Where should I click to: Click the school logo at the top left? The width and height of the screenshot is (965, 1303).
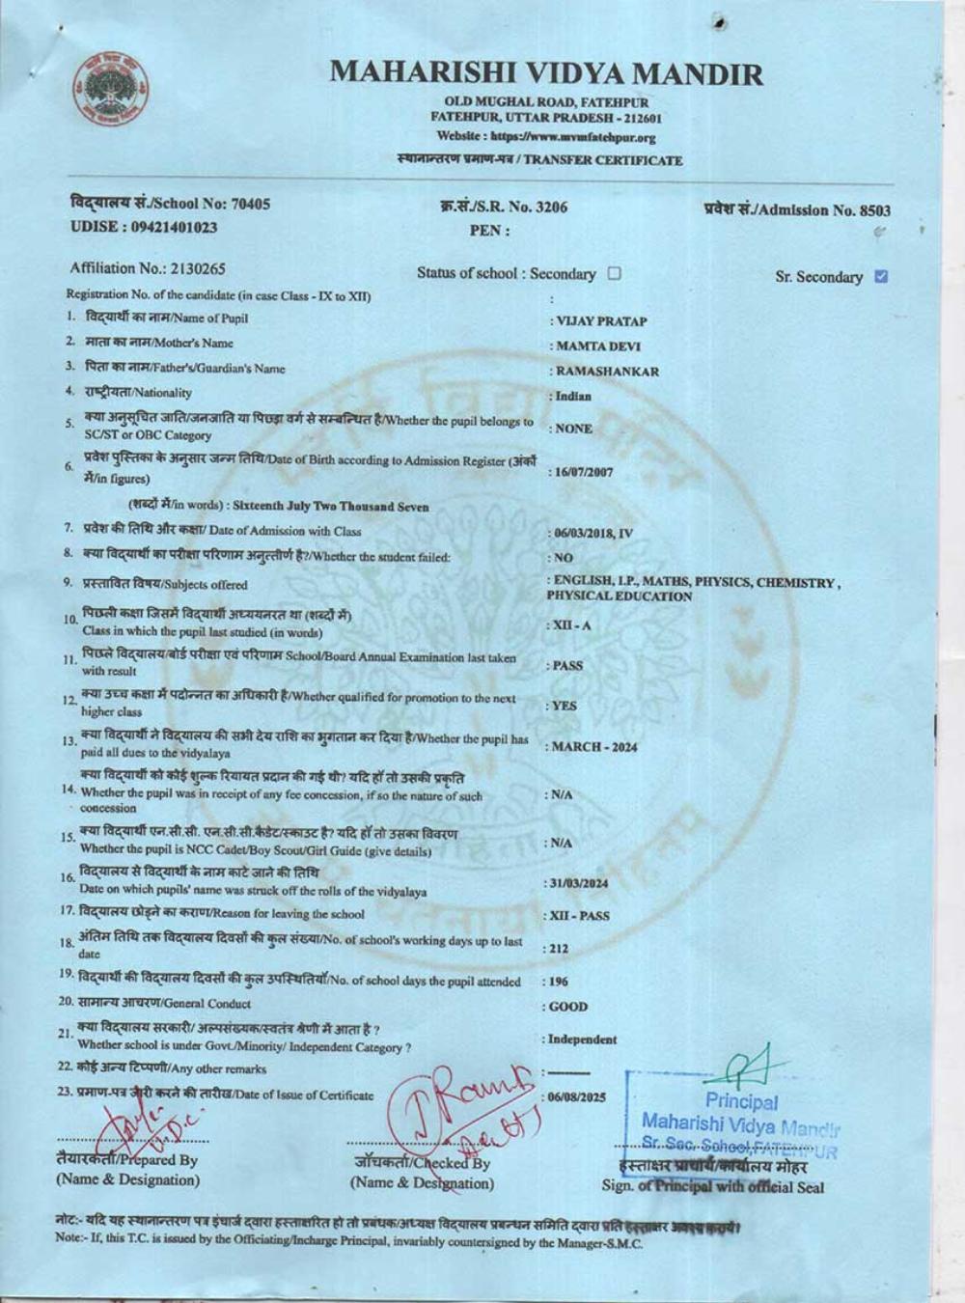click(x=110, y=92)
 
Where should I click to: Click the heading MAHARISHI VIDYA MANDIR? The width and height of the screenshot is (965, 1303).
click(x=546, y=73)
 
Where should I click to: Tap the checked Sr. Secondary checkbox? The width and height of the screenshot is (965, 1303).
click(x=880, y=277)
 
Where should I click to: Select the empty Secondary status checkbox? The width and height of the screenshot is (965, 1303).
click(x=615, y=273)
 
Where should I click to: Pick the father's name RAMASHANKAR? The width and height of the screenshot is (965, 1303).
click(x=607, y=372)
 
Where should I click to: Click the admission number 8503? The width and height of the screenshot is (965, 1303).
click(x=875, y=210)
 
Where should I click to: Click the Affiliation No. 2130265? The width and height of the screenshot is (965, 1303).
click(x=197, y=268)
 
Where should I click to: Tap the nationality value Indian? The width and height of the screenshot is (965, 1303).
click(x=574, y=396)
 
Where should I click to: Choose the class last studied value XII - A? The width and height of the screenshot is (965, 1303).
click(x=571, y=625)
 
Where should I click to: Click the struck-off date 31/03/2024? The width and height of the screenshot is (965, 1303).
click(x=579, y=883)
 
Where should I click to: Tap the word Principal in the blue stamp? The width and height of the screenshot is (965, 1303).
click(x=741, y=1100)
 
